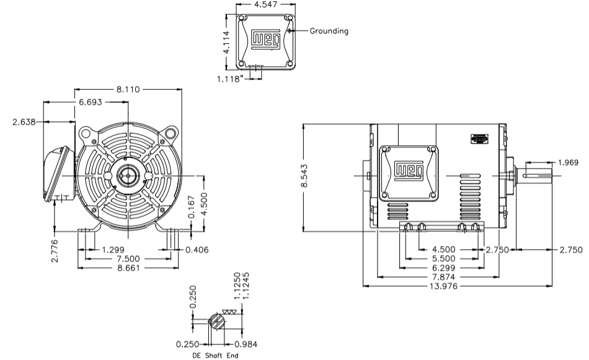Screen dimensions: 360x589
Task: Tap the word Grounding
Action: pyautogui.click(x=329, y=30)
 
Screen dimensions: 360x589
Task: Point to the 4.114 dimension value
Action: pyautogui.click(x=228, y=43)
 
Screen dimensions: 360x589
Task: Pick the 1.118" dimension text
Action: pyautogui.click(x=232, y=78)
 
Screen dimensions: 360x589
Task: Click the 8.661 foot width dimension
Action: pyautogui.click(x=128, y=268)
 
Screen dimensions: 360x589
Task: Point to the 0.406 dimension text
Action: pyautogui.click(x=197, y=250)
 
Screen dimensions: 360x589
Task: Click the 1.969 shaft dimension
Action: pyautogui.click(x=568, y=163)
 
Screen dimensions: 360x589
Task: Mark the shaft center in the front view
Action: pyautogui.click(x=128, y=176)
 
